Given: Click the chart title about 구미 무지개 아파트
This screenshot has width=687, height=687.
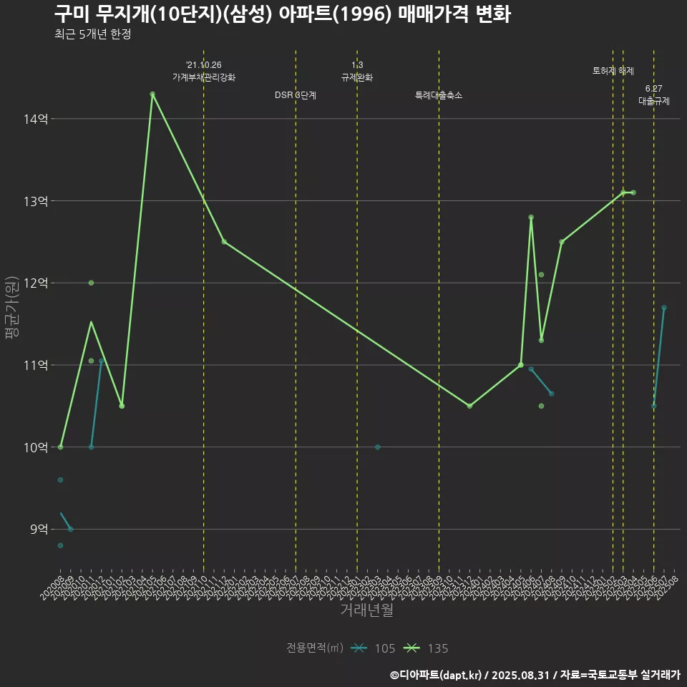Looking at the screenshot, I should click(282, 14).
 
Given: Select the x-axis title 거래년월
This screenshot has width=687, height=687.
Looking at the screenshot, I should click(366, 610).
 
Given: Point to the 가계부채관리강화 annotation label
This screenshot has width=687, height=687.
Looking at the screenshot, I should click(203, 77).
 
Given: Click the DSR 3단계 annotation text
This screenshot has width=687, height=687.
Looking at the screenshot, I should click(296, 95).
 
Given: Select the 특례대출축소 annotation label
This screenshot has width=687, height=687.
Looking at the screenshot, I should click(439, 95).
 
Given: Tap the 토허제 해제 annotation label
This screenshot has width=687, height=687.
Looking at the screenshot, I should click(613, 71).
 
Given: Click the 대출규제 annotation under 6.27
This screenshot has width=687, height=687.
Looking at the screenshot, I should click(653, 101).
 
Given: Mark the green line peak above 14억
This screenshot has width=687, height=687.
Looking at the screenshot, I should click(152, 94).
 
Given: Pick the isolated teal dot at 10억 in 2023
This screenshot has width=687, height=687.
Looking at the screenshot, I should click(377, 447).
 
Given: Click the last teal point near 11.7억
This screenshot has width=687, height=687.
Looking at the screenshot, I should click(664, 308).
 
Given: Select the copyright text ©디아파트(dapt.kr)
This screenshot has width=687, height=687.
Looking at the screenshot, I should click(437, 674).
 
